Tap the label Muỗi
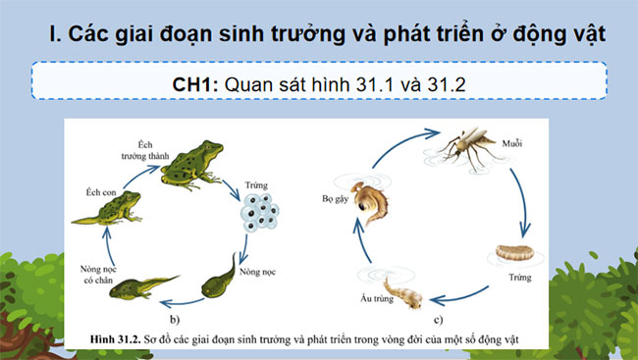(510, 143)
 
